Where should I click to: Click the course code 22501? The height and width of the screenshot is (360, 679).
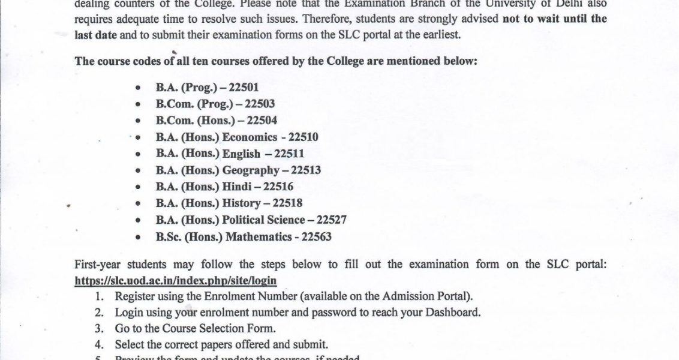(x=244, y=87)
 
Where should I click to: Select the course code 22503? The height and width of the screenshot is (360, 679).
(x=260, y=104)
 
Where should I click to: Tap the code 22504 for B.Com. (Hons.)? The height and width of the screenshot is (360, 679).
(x=262, y=120)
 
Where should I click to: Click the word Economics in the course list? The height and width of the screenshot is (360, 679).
(x=250, y=137)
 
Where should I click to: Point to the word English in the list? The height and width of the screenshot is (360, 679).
(x=241, y=154)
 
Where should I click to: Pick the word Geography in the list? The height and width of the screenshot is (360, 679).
(x=251, y=170)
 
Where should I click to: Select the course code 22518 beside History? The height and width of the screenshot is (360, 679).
(x=287, y=203)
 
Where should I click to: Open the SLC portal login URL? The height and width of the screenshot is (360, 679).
(x=176, y=280)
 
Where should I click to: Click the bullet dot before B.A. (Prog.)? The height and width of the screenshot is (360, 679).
(x=139, y=88)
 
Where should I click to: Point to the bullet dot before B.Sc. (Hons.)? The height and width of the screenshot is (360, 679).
(x=139, y=237)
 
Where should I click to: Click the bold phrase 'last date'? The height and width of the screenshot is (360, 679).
(x=96, y=35)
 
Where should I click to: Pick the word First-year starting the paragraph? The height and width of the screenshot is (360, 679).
(x=100, y=265)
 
